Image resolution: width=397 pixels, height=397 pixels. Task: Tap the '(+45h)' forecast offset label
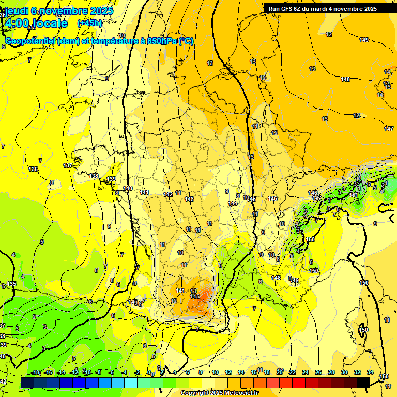(x=89, y=23)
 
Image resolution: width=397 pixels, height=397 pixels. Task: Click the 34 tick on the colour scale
(x=370, y=372)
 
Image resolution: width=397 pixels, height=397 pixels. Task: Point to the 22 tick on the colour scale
(x=293, y=372)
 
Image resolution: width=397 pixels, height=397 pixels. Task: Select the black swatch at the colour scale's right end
(x=363, y=383)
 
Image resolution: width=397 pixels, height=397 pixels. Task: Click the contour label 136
(x=34, y=169)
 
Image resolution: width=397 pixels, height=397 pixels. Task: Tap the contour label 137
(x=68, y=165)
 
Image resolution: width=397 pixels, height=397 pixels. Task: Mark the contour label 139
(x=111, y=179)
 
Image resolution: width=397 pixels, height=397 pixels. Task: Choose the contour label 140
(x=128, y=188)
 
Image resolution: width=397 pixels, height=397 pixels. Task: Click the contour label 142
(x=168, y=194)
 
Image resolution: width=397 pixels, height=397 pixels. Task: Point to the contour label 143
(x=189, y=199)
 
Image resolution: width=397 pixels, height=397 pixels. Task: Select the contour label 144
(x=233, y=203)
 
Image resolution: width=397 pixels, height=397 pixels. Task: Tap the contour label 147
(x=389, y=129)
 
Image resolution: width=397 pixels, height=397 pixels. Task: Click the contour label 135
(x=12, y=284)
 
